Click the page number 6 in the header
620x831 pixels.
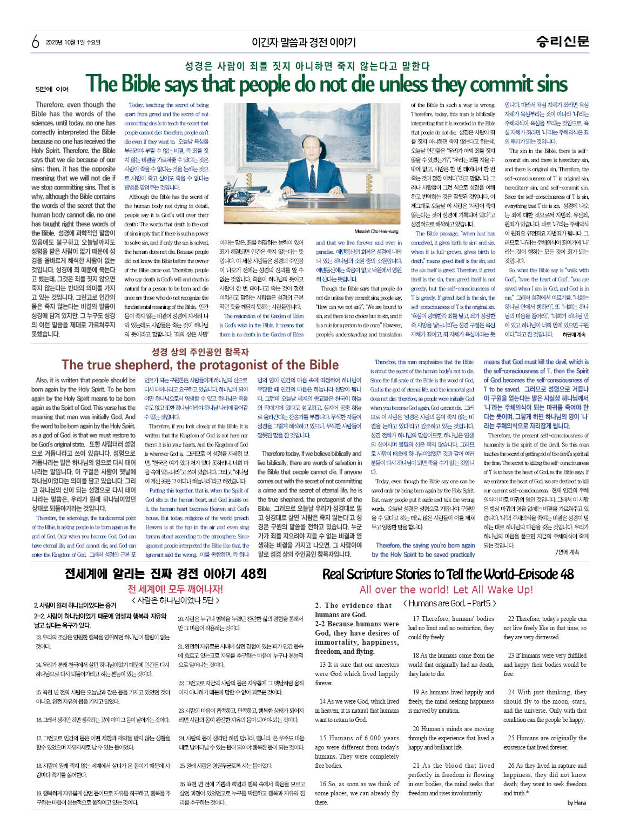click(36, 42)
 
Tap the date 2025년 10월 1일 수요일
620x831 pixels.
click(73, 42)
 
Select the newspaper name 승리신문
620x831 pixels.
click(562, 41)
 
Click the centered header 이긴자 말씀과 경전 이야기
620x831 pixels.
click(304, 42)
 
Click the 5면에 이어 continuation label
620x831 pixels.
click(52, 89)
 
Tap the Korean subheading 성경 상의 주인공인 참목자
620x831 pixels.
click(200, 352)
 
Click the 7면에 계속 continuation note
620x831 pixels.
click(567, 552)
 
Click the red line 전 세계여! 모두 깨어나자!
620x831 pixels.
click(175, 589)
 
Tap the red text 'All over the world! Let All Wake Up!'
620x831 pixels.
click(446, 590)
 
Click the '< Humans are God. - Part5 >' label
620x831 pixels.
click(449, 603)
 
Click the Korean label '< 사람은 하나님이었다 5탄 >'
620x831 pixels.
click(176, 600)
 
